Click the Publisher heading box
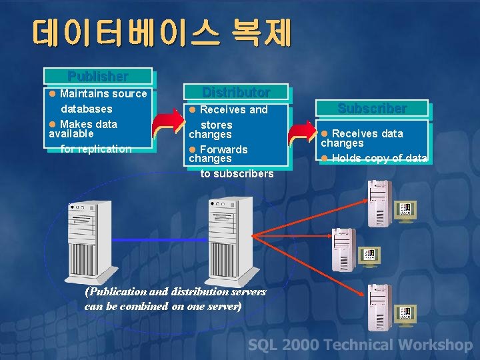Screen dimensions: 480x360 [98, 76]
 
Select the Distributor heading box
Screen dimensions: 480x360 [236, 92]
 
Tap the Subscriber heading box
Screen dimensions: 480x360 [372, 108]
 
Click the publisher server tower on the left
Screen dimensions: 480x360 [87, 240]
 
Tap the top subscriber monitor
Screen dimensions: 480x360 [405, 211]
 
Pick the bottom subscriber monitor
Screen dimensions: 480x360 [405, 313]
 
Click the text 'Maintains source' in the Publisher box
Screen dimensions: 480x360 [103, 93]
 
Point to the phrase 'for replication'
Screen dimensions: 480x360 [96, 149]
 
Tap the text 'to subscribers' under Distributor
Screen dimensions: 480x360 [237, 173]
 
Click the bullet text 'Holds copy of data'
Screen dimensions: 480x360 [379, 158]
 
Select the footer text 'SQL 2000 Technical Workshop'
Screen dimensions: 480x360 [360, 345]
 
